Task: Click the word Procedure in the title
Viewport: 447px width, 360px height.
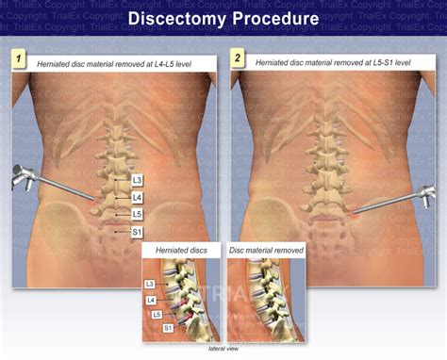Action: click(273, 19)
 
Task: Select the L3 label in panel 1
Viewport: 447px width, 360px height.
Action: click(137, 179)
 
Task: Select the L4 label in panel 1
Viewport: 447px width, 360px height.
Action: click(137, 197)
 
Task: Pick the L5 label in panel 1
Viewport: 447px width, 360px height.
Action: click(137, 214)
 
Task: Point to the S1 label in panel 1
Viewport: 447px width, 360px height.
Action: click(137, 231)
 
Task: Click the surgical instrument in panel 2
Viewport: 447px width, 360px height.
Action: click(396, 197)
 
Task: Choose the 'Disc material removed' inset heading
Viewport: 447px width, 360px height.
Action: click(269, 251)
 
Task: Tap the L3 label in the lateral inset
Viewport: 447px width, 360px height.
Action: click(150, 284)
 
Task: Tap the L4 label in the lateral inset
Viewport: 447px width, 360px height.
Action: click(151, 301)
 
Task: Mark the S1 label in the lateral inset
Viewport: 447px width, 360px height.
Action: click(168, 327)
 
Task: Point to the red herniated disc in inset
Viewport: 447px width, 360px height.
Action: click(188, 311)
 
